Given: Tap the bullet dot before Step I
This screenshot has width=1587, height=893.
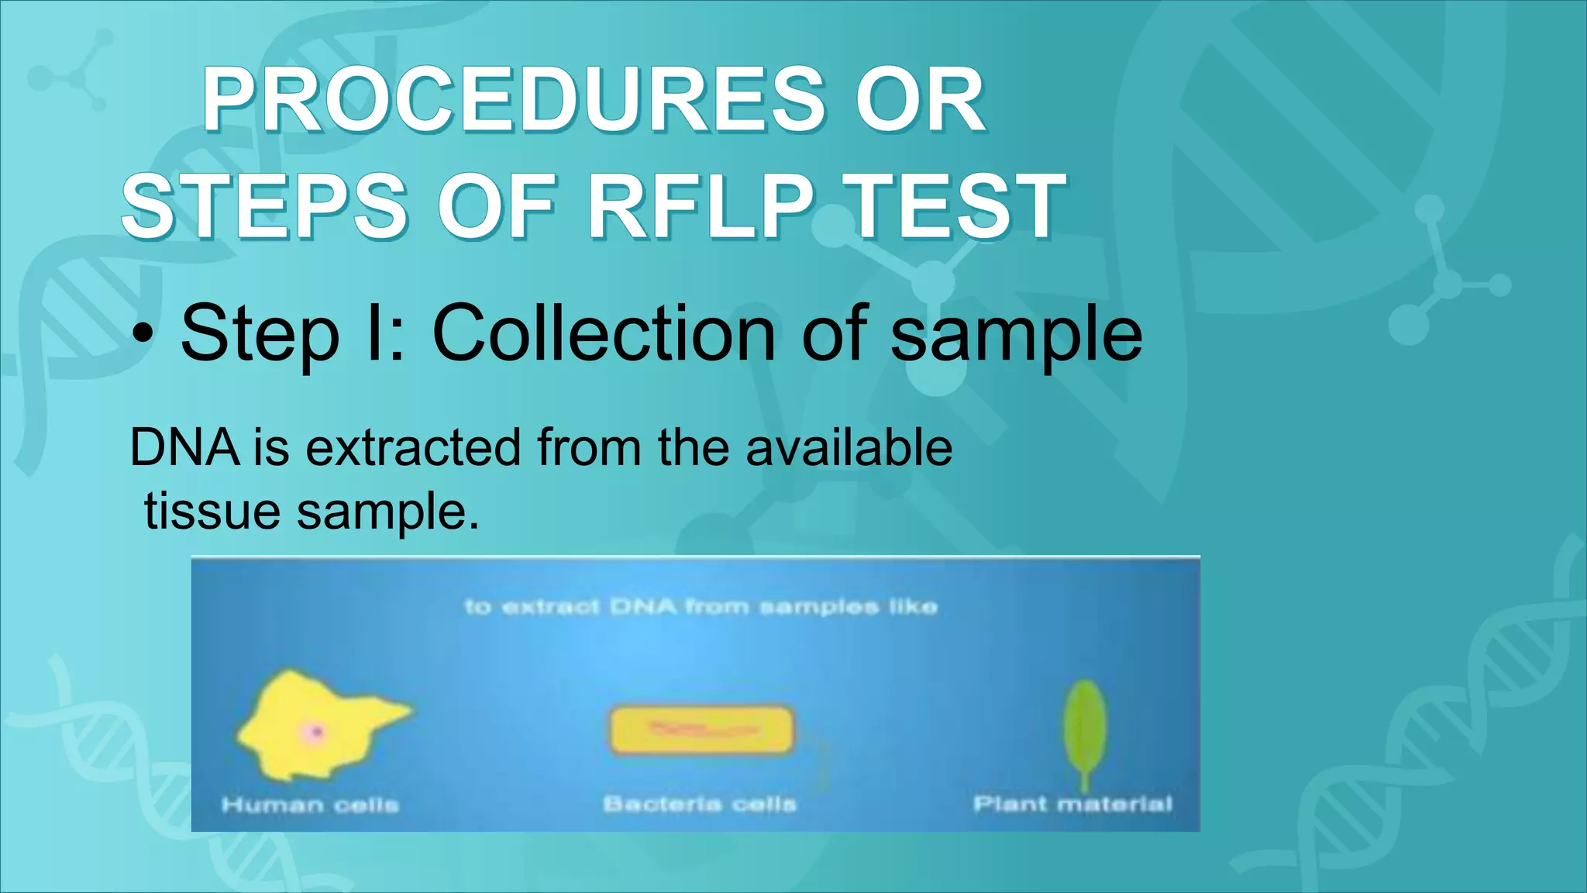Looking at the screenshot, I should tap(142, 336).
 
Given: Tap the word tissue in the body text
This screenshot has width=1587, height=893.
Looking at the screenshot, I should tap(212, 512).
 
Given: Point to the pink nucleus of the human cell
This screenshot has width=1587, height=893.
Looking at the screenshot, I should tap(315, 732).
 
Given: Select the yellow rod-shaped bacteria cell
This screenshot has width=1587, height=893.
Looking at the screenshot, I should tap(701, 729).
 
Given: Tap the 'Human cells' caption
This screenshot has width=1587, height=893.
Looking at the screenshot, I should tap(310, 805).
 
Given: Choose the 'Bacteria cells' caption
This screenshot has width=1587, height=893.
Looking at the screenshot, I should tap(699, 804).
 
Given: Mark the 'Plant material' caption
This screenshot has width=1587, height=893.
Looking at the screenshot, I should tap(1072, 804).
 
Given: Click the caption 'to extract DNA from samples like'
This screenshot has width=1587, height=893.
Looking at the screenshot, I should tap(701, 606).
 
